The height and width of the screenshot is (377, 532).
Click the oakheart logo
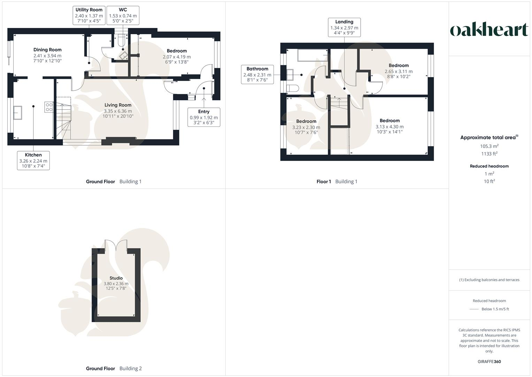coord(489,30)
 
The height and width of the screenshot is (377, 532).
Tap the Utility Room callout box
coord(89,15)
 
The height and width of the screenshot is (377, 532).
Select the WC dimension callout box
coord(123,15)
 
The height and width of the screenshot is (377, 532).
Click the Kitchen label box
coord(33,161)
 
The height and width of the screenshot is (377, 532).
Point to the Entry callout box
coord(204,117)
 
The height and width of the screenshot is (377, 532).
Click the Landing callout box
coord(344,28)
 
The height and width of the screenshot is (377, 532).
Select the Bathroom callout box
coord(257,74)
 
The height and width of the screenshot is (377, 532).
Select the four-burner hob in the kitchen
coord(49,107)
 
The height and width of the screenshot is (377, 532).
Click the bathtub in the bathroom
coord(313,55)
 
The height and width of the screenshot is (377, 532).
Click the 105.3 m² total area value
coord(489,146)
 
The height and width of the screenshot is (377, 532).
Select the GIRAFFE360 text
coord(489,362)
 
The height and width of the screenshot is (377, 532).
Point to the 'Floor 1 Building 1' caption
coord(337,182)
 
